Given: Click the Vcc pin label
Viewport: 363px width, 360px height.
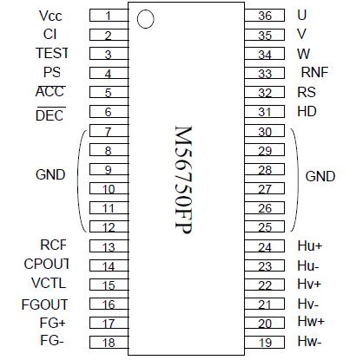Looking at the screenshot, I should click(50, 16).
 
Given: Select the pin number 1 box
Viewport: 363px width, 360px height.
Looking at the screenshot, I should click(108, 16).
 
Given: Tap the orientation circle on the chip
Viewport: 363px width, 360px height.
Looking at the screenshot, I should click(146, 18).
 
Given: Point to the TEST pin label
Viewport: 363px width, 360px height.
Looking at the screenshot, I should click(51, 53).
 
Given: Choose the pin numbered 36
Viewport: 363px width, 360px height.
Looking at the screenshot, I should click(265, 16).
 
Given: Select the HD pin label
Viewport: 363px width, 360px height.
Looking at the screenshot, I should click(307, 111).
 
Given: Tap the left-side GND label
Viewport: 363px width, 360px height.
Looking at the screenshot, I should click(50, 174).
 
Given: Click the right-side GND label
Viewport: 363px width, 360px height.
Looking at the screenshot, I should click(320, 176).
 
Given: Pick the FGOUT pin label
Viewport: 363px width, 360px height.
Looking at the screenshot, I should click(44, 304).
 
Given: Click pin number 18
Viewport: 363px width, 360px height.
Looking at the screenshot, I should click(108, 343).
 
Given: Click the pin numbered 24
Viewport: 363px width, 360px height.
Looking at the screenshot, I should click(265, 246).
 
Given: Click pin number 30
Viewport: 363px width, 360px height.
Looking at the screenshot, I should click(265, 132).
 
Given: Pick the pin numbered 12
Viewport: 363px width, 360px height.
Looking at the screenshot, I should click(108, 227).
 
